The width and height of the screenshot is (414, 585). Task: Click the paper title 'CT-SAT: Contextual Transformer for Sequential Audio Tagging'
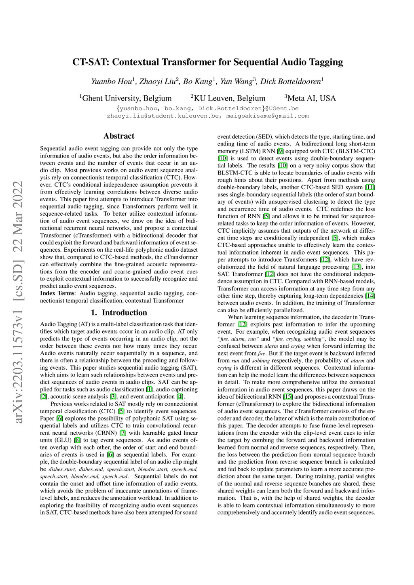pyautogui.click(x=207, y=62)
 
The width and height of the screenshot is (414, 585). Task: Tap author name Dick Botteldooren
pyautogui.click(x=291, y=82)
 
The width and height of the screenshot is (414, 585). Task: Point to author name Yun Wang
pyautogui.click(x=236, y=82)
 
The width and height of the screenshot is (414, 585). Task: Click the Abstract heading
pyautogui.click(x=119, y=136)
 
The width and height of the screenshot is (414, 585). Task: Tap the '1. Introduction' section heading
pyautogui.click(x=119, y=313)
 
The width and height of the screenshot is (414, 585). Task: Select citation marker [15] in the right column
pyautogui.click(x=288, y=397)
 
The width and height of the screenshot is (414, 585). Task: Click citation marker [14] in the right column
pyautogui.click(x=370, y=296)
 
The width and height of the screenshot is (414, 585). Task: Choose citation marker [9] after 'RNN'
pyautogui.click(x=280, y=151)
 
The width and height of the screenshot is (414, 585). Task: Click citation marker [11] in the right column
pyautogui.click(x=370, y=187)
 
